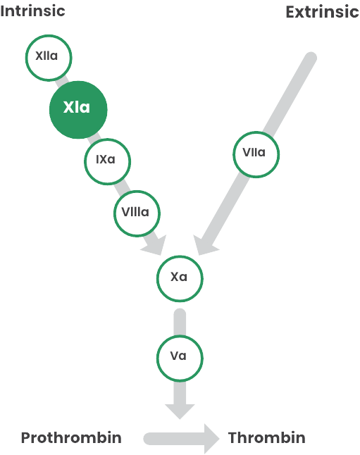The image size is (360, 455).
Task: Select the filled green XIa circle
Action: coord(78,110)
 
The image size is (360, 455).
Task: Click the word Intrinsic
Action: coord(32,11)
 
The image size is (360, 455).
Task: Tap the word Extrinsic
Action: coord(322,12)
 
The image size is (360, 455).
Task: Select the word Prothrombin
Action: coord(71,437)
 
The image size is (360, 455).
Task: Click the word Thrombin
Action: coord(266,437)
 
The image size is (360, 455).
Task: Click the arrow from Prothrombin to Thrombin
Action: coord(182,439)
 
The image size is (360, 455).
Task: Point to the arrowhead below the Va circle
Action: coord(180,411)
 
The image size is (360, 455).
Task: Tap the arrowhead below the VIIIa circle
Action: coord(155,246)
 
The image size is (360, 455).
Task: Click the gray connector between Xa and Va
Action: coord(180,321)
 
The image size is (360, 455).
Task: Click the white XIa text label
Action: coord(77,107)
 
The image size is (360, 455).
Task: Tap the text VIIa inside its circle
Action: coord(254,152)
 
